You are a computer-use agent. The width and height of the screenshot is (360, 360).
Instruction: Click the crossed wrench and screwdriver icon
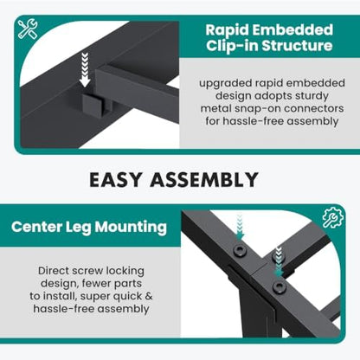(28, 29)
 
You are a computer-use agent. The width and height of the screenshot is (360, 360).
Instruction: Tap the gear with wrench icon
(333, 217)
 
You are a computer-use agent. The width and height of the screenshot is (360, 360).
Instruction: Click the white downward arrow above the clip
(85, 69)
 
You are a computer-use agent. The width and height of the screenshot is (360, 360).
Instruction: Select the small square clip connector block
(93, 105)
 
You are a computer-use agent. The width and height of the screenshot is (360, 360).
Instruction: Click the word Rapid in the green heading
(227, 30)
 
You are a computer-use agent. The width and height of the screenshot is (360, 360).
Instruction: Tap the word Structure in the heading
(297, 46)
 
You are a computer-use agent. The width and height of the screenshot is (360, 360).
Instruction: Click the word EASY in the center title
(116, 179)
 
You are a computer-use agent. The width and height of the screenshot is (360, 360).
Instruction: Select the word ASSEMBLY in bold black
(204, 179)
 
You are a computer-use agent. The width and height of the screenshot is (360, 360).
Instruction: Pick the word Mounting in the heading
(131, 228)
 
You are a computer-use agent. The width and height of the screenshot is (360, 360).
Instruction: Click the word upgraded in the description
(226, 84)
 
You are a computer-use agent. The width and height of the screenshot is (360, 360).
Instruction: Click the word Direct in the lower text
(54, 271)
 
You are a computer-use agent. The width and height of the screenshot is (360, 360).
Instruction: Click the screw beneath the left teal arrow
(240, 250)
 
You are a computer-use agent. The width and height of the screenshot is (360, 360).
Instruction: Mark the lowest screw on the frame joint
(279, 286)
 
